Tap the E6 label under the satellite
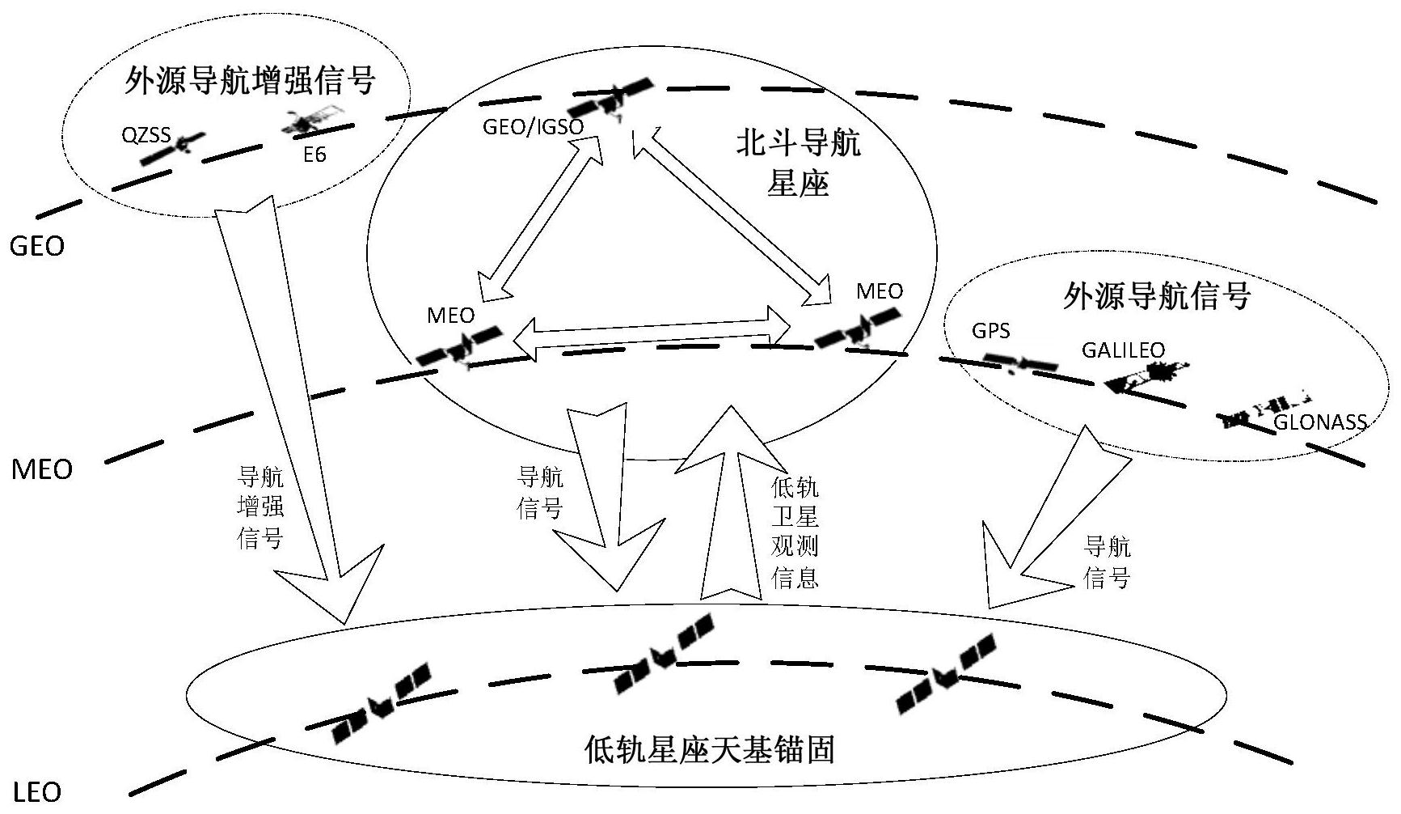[x=314, y=154]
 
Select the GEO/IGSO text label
[x=532, y=127]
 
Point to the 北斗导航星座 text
[x=797, y=163]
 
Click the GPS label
[x=990, y=332]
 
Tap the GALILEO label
[x=1123, y=350]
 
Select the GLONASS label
[x=1319, y=422]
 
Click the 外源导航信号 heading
[x=1156, y=296]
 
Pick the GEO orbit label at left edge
[x=37, y=246]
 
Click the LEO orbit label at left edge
[x=37, y=791]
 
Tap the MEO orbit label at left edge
[x=41, y=469]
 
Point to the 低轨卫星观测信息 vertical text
[x=795, y=532]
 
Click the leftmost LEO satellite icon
[x=382, y=703]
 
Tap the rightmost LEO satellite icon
[x=946, y=673]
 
